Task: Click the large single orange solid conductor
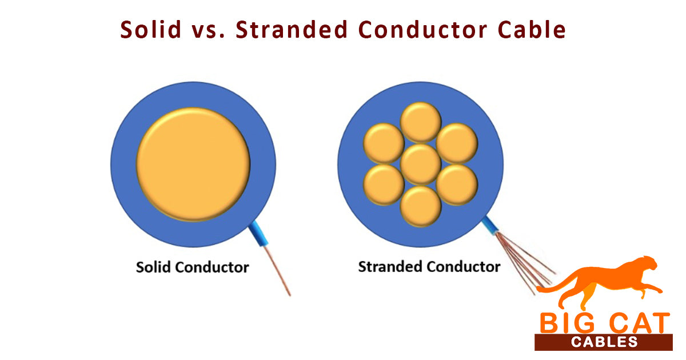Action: pyautogui.click(x=193, y=164)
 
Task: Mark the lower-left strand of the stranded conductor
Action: pyautogui.click(x=384, y=185)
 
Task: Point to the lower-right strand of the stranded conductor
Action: pyautogui.click(x=457, y=185)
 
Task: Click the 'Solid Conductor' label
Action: pyautogui.click(x=192, y=267)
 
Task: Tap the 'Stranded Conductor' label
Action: pyautogui.click(x=429, y=266)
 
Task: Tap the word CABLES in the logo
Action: pyautogui.click(x=603, y=342)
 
